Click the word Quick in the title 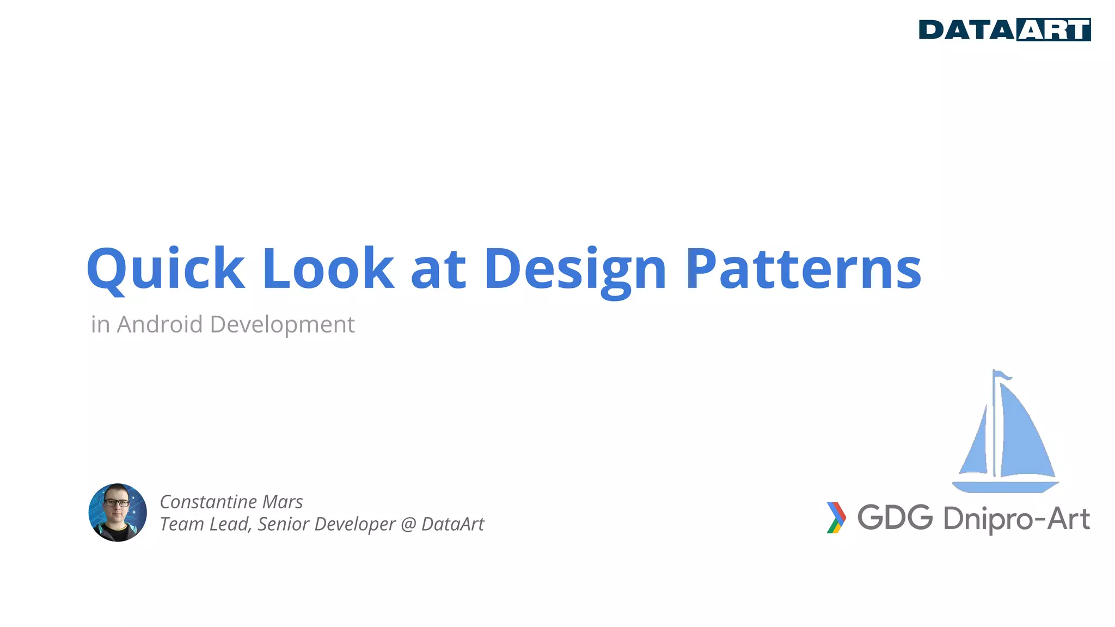[x=166, y=268]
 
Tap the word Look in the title [x=328, y=268]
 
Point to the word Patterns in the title [x=803, y=268]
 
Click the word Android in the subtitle [x=160, y=324]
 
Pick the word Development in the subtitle [x=282, y=325]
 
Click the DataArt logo [x=1004, y=30]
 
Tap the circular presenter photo [x=118, y=512]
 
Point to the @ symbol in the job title [x=408, y=524]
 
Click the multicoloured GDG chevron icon [x=836, y=517]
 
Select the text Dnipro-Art [x=1016, y=519]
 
